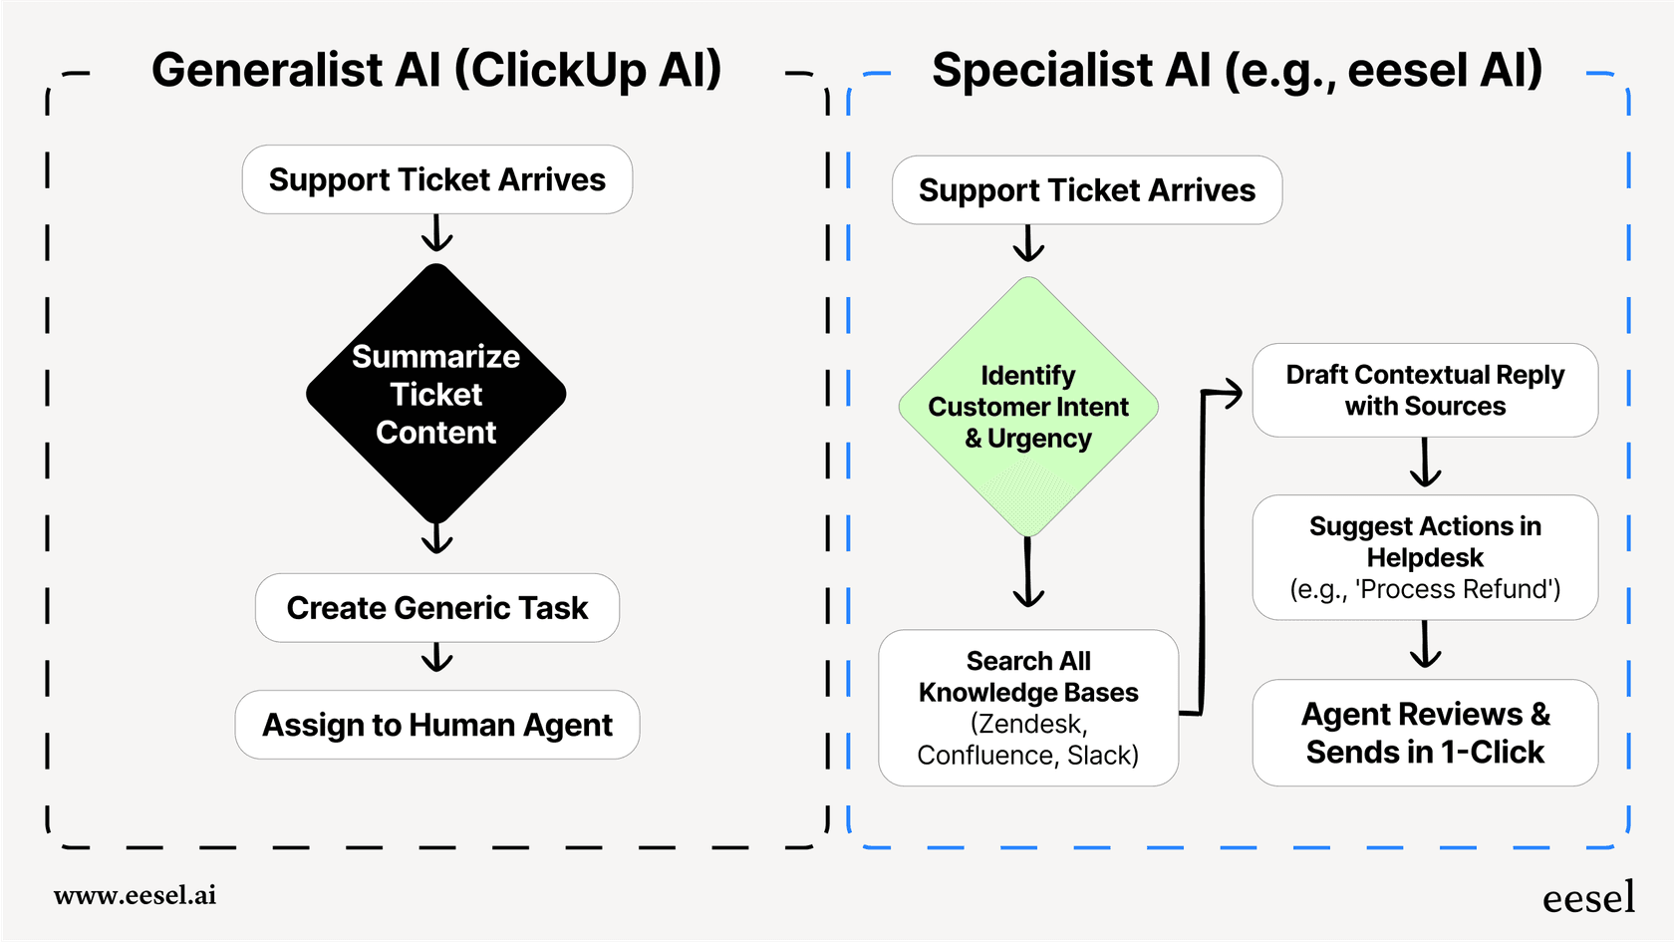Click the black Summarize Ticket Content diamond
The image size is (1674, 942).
(x=435, y=394)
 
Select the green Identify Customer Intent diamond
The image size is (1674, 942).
(x=1027, y=406)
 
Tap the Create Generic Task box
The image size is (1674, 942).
(x=436, y=607)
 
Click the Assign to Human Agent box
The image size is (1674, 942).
(x=436, y=725)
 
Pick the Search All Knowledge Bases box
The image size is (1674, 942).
(x=1027, y=707)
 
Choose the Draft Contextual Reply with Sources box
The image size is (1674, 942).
(x=1424, y=390)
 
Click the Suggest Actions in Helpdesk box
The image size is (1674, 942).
(x=1424, y=556)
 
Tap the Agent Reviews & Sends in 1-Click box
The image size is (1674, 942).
(x=1424, y=733)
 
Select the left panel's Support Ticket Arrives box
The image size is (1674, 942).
(x=436, y=179)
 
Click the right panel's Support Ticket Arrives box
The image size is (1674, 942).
(x=1086, y=189)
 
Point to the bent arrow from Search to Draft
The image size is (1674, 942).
(x=1202, y=548)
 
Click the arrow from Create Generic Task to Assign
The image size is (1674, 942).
(x=436, y=659)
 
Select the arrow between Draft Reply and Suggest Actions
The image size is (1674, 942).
(x=1425, y=464)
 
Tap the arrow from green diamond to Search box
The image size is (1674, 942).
(x=1027, y=573)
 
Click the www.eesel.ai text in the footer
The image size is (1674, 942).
(x=135, y=895)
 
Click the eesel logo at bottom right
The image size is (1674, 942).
(x=1588, y=898)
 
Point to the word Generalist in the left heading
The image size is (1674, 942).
(x=267, y=70)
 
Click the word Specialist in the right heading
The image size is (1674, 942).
(x=1071, y=70)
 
